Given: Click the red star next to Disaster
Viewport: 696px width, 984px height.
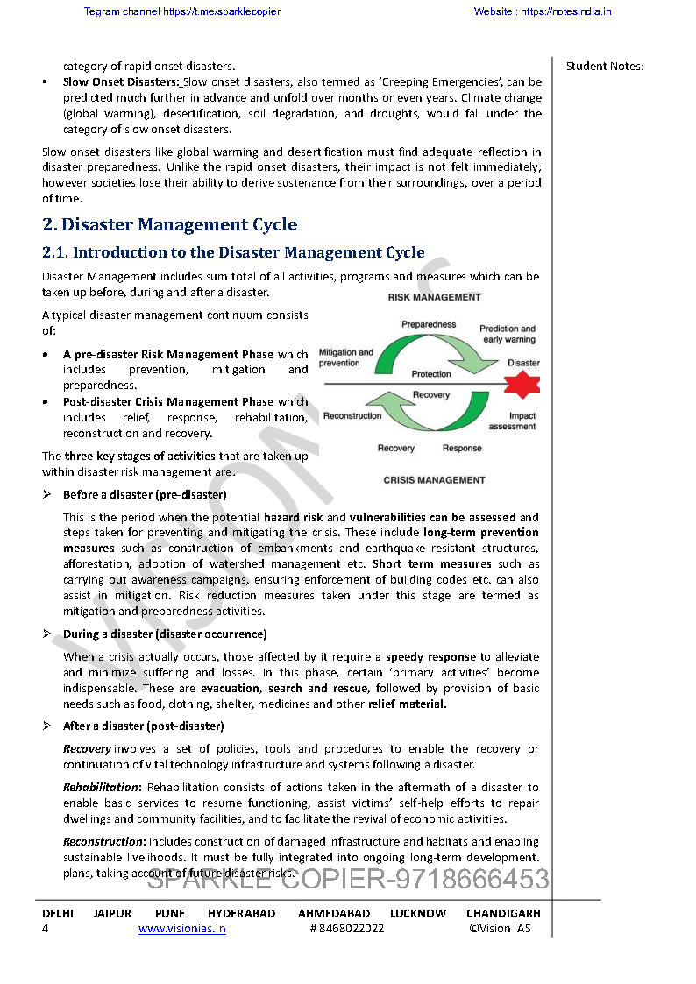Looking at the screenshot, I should (x=523, y=384).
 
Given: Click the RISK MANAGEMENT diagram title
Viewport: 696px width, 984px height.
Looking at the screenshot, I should (x=434, y=297).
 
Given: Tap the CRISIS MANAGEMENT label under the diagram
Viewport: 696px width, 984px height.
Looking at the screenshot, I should (x=434, y=480).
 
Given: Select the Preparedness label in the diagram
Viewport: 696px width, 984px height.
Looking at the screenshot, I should (x=429, y=324).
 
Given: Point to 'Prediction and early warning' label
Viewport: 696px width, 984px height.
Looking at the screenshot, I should (x=508, y=334).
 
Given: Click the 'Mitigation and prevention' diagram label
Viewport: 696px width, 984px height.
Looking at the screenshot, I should (x=345, y=357).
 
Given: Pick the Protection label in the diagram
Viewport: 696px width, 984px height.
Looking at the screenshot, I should (x=431, y=374).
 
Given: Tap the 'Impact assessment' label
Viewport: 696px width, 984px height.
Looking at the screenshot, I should (x=512, y=421).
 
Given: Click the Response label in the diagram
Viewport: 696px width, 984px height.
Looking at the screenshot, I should (x=462, y=449).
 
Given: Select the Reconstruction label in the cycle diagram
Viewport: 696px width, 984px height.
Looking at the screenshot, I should (x=352, y=416).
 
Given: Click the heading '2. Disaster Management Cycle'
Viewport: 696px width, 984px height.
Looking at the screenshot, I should (x=169, y=225).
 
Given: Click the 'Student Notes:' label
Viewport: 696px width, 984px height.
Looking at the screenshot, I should (x=605, y=67).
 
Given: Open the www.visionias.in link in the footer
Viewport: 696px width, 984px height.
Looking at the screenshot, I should (x=181, y=929).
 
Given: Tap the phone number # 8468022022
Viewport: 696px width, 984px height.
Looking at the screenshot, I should (x=346, y=929).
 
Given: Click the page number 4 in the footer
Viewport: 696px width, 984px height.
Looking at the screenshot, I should (x=46, y=929).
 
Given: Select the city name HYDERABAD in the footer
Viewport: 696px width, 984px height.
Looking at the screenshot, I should (x=241, y=913).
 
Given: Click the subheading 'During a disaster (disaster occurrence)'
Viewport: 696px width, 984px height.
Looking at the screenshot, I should (x=165, y=634).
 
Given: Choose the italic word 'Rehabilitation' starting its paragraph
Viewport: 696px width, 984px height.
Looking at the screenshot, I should (x=101, y=788).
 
